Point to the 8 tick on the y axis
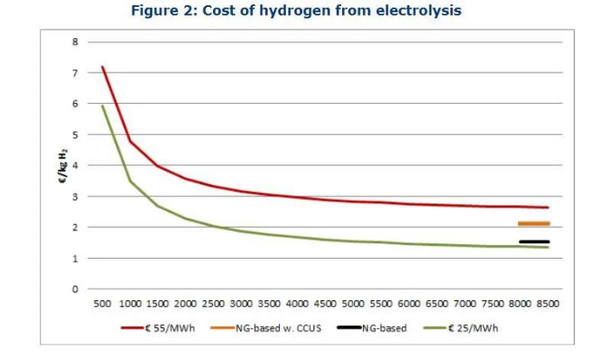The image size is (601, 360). pyautogui.click(x=75, y=42)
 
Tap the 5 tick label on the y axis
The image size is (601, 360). pyautogui.click(x=75, y=135)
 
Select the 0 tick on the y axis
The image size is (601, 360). pyautogui.click(x=75, y=289)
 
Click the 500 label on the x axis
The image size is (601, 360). pyautogui.click(x=102, y=304)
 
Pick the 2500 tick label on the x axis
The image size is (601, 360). pyautogui.click(x=214, y=304)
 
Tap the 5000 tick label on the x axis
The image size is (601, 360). pyautogui.click(x=352, y=304)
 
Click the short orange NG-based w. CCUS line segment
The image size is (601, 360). pyautogui.click(x=533, y=223)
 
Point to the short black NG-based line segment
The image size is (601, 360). pyautogui.click(x=533, y=241)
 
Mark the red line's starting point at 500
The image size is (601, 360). pyautogui.click(x=102, y=67)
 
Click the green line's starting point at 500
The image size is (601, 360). pyautogui.click(x=102, y=106)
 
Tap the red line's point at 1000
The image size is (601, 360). pyautogui.click(x=130, y=141)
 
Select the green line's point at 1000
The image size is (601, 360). pyautogui.click(x=130, y=181)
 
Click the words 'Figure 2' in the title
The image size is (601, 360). pyautogui.click(x=161, y=10)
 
